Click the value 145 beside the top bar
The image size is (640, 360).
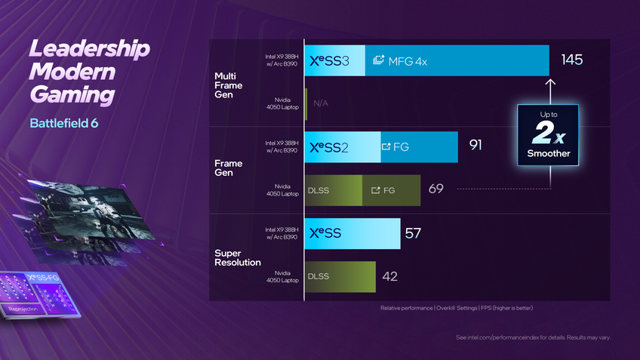572,60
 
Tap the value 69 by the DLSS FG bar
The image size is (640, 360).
435,189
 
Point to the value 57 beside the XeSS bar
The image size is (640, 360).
413,233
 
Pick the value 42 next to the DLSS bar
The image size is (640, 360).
389,276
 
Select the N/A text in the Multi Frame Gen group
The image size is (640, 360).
321,103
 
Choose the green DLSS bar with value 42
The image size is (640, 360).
340,276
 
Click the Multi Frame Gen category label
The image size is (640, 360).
229,85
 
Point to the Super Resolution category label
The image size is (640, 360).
238,257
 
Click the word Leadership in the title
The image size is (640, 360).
90,49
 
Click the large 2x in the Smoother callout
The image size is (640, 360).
548,134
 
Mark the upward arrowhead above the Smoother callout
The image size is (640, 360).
550,82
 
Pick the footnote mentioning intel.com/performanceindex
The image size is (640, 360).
534,337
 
